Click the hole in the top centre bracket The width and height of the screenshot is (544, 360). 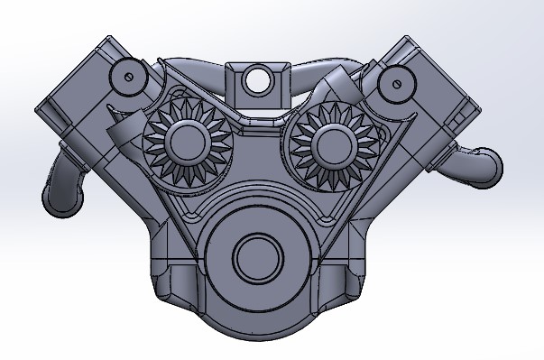pos(260,78)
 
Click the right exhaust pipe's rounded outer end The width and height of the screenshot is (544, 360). pos(486,165)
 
